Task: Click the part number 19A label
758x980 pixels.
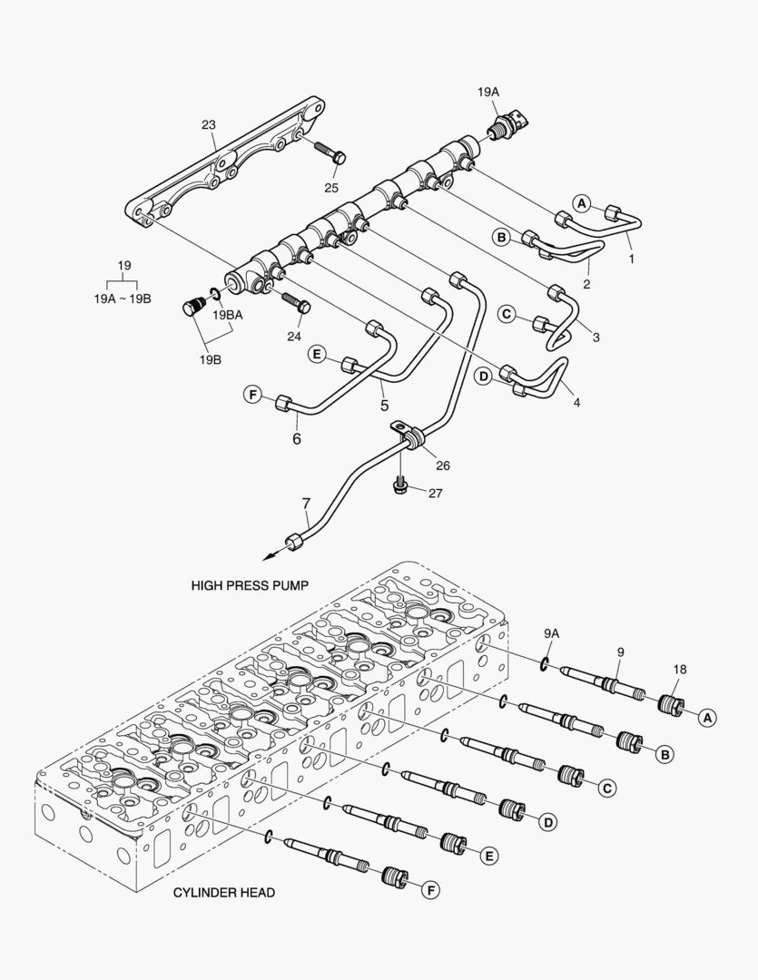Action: coord(488,92)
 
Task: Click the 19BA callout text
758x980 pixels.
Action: coord(228,316)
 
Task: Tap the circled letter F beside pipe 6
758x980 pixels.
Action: coord(251,394)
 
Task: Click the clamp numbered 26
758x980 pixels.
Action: coord(409,439)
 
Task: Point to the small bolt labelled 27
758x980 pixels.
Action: coord(399,487)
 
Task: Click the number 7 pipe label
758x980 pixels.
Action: coord(306,503)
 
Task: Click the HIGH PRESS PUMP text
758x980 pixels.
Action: coord(250,585)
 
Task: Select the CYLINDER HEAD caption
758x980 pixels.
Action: coord(223,892)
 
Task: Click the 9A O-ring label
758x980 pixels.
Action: coord(552,632)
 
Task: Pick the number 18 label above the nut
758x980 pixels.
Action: coord(680,669)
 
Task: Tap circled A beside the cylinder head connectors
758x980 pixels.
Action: coord(708,716)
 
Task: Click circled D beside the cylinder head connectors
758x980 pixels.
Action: coord(547,822)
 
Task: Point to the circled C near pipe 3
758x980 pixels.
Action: coord(507,315)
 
